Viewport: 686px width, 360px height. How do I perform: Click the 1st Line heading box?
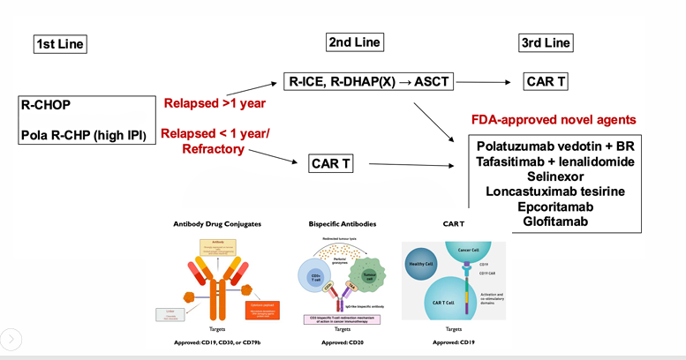tap(61, 44)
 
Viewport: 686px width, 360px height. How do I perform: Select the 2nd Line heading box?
tap(353, 42)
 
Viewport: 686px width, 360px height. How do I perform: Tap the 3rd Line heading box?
tap(546, 42)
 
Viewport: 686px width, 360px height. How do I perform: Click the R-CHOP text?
tap(46, 105)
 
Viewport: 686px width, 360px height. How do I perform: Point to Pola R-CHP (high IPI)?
tap(82, 135)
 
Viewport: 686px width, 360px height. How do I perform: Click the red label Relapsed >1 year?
tap(215, 103)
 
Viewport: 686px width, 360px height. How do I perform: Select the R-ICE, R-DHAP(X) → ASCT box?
tap(369, 83)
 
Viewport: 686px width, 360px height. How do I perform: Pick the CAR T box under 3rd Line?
tap(546, 83)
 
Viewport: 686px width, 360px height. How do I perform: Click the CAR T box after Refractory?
tap(331, 163)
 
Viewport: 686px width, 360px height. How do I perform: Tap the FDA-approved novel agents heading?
tap(552, 119)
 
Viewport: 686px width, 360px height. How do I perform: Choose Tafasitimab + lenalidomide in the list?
tap(556, 161)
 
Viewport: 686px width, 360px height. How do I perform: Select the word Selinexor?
tap(556, 177)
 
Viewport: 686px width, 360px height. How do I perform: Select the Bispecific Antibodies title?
tap(339, 224)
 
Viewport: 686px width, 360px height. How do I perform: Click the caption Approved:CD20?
tap(339, 341)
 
